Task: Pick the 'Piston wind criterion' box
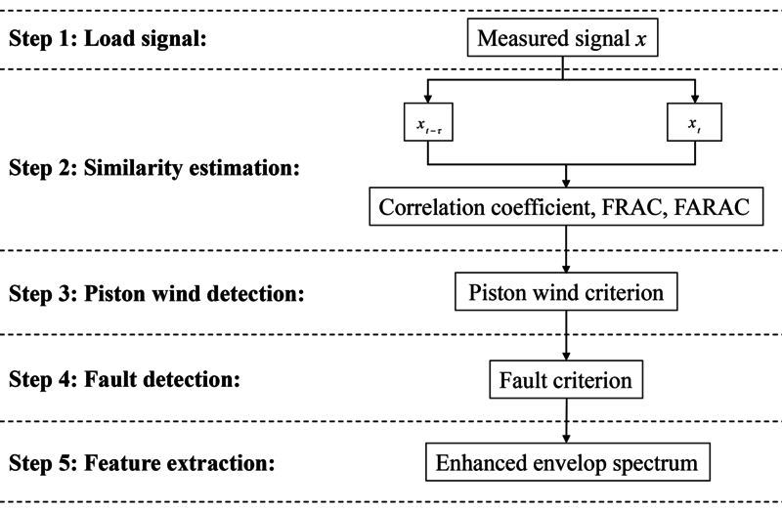point(566,293)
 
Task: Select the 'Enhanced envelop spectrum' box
point(566,462)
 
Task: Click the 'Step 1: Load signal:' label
point(112,42)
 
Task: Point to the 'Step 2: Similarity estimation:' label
point(153,167)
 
